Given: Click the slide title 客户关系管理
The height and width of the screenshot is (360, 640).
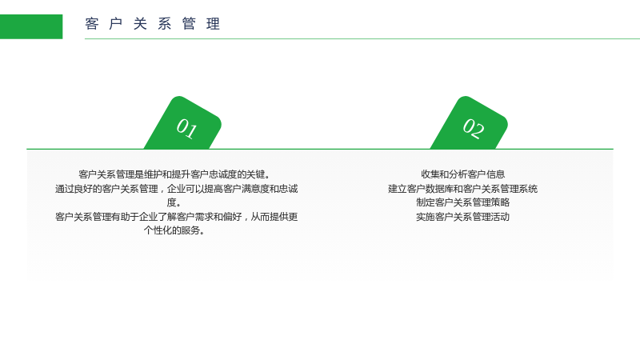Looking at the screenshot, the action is click(153, 24).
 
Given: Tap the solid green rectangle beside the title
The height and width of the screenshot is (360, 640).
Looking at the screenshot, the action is click(31, 26).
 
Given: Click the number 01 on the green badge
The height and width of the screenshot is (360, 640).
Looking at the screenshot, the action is click(187, 129).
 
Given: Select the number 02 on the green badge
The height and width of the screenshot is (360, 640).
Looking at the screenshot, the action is click(474, 129).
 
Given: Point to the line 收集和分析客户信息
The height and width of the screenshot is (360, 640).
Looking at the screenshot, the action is click(463, 174).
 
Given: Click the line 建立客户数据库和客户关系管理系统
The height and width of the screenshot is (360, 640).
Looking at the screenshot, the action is click(463, 189).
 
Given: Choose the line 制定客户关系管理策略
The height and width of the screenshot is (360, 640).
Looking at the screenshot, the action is click(463, 202).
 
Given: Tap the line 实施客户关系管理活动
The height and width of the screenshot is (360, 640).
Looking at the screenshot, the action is click(463, 217).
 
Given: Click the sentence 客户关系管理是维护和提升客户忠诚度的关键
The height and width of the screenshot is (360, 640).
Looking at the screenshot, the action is click(174, 174).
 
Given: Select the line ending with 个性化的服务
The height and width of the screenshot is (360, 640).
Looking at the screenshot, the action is click(174, 230).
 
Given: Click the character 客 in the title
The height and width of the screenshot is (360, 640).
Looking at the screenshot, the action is click(92, 24).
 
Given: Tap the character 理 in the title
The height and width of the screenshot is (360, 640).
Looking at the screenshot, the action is click(214, 24).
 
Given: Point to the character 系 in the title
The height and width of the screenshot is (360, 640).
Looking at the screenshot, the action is click(165, 24).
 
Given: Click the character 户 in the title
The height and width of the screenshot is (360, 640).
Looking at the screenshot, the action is click(116, 24).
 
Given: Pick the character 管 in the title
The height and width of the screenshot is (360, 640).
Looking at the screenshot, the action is click(189, 24).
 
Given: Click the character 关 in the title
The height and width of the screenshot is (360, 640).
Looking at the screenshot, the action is click(141, 24).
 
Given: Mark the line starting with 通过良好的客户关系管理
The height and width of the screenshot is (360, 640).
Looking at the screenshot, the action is click(176, 189).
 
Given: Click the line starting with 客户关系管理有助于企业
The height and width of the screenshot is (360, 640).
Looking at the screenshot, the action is click(176, 217).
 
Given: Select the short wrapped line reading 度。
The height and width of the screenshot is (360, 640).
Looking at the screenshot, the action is click(174, 202).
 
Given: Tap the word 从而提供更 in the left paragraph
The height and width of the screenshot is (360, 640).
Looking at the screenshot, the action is click(274, 217).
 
